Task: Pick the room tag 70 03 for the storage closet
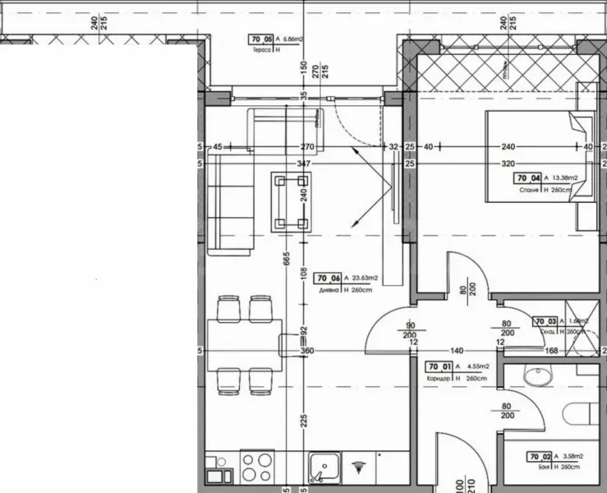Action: [x=545, y=321]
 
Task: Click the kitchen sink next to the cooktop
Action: [x=324, y=468]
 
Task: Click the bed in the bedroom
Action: [x=538, y=156]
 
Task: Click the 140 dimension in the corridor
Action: [x=458, y=351]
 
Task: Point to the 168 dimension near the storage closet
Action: [x=574, y=352]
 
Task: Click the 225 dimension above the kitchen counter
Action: [x=304, y=420]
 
